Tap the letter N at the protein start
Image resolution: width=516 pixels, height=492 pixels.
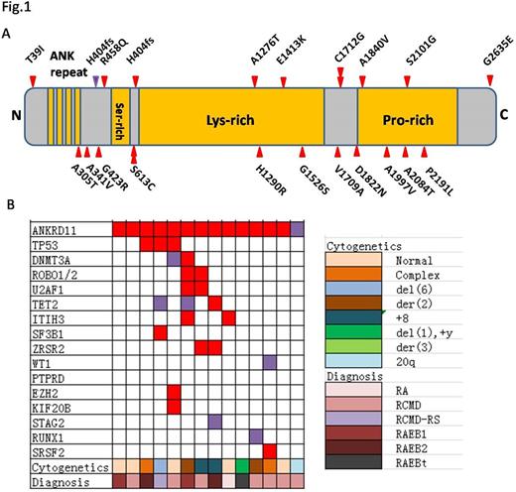(x=14, y=115)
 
